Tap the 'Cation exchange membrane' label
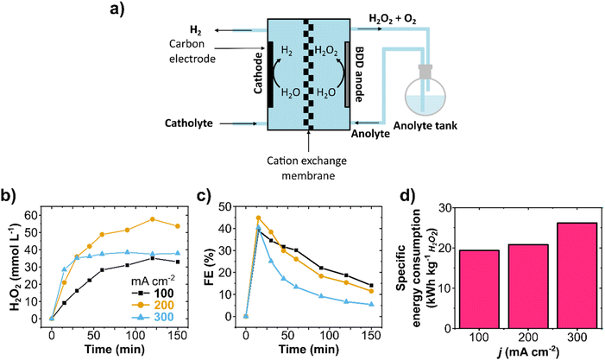coord(306,161)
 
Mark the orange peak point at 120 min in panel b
coord(152,219)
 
